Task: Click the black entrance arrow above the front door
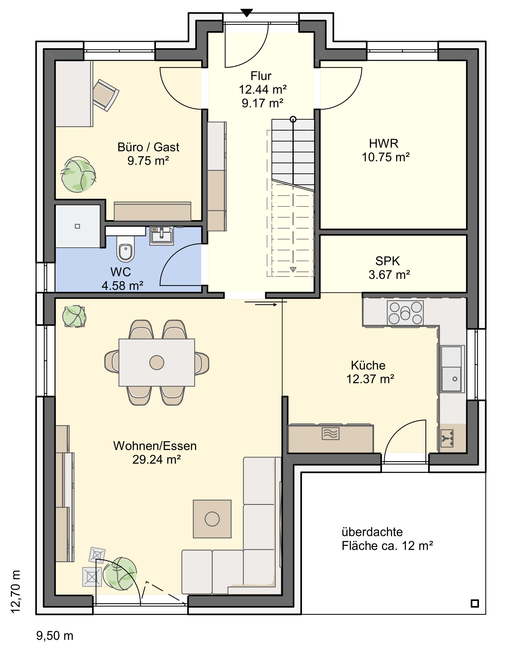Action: (x=247, y=13)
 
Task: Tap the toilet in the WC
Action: (x=125, y=248)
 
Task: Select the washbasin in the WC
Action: (x=161, y=235)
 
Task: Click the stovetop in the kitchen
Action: (x=405, y=313)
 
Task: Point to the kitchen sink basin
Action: (x=451, y=379)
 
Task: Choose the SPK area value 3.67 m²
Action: (x=389, y=274)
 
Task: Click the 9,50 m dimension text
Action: (x=55, y=636)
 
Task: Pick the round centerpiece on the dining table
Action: (x=157, y=362)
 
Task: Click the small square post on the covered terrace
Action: (x=475, y=604)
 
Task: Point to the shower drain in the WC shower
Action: (x=77, y=226)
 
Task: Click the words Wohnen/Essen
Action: (x=155, y=446)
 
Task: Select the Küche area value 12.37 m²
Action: (x=370, y=379)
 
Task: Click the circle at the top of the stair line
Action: (x=293, y=119)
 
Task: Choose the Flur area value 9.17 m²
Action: (x=262, y=103)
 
